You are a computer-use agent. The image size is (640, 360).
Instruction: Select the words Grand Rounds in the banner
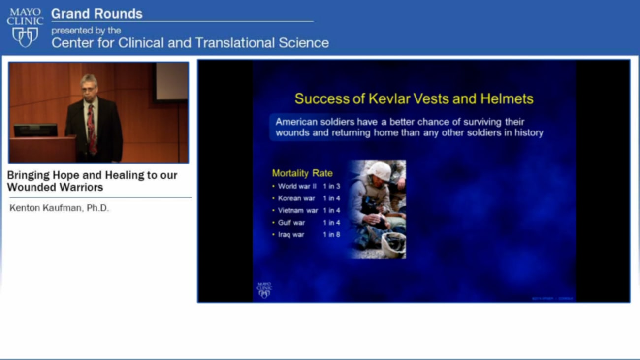96,14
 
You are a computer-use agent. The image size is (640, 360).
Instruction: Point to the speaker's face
89,86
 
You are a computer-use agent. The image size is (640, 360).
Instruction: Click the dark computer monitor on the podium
35,130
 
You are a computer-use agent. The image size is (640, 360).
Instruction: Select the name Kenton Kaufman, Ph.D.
59,208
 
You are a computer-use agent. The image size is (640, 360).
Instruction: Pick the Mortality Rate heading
302,173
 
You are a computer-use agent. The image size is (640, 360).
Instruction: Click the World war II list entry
297,186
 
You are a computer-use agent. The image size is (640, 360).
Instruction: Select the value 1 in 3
331,186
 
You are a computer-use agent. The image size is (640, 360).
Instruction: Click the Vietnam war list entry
298,211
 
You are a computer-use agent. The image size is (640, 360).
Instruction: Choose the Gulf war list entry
291,223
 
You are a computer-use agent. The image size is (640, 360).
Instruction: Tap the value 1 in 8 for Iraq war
331,235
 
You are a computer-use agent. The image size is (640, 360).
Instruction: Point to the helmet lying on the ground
393,243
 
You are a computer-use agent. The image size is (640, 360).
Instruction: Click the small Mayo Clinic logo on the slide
264,291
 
